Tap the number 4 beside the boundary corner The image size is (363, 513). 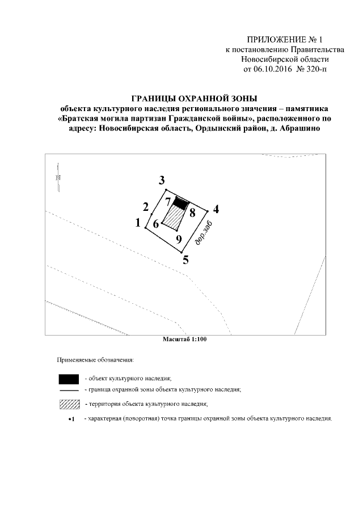216,209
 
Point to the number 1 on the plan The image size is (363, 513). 138,223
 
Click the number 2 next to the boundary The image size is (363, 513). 146,206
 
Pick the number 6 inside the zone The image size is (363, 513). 155,224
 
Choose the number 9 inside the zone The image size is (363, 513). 179,240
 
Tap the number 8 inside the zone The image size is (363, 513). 192,213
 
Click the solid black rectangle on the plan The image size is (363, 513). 180,203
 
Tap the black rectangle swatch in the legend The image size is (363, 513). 69,378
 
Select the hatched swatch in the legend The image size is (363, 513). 69,404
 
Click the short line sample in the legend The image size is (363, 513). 69,391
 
